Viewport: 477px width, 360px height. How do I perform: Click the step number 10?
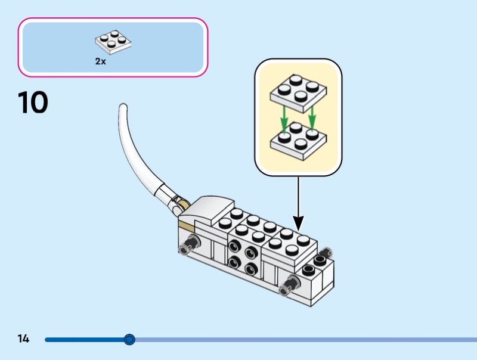(x=33, y=103)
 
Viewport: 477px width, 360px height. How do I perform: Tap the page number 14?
(x=23, y=339)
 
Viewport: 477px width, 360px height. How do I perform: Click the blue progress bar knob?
(x=129, y=340)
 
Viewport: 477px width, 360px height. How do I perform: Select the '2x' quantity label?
(x=100, y=61)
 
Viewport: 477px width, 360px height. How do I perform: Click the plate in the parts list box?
(x=113, y=41)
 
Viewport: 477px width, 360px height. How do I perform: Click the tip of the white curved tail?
(x=123, y=107)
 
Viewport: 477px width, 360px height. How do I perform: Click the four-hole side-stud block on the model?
(x=244, y=257)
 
